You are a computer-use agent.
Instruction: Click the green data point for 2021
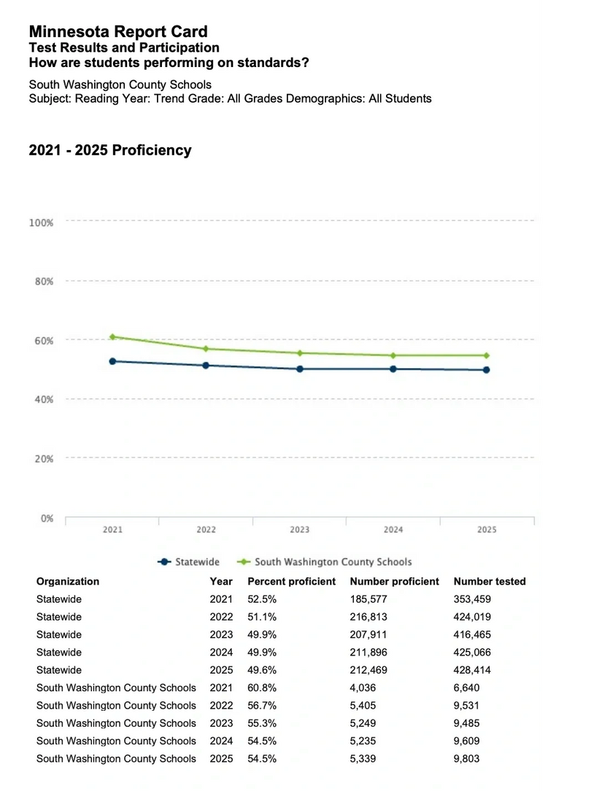pyautogui.click(x=112, y=337)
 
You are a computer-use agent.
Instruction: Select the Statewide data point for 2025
pyautogui.click(x=487, y=370)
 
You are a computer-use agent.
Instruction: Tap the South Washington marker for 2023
pyautogui.click(x=300, y=353)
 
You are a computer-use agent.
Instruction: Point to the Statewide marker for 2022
pyautogui.click(x=206, y=365)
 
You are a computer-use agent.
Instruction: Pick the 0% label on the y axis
pyautogui.click(x=45, y=518)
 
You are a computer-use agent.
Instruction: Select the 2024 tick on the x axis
pyautogui.click(x=393, y=530)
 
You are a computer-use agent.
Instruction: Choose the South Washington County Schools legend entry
pyautogui.click(x=325, y=562)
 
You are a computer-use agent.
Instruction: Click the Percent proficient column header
pyautogui.click(x=291, y=582)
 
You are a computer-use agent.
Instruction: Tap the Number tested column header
pyautogui.click(x=489, y=582)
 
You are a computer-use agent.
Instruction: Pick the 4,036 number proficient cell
pyautogui.click(x=364, y=687)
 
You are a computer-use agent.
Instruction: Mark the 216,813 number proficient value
pyautogui.click(x=369, y=617)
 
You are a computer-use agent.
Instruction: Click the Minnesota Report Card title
pyautogui.click(x=118, y=32)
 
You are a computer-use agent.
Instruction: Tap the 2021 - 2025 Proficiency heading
pyautogui.click(x=110, y=150)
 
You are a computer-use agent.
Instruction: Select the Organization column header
pyautogui.click(x=68, y=582)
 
